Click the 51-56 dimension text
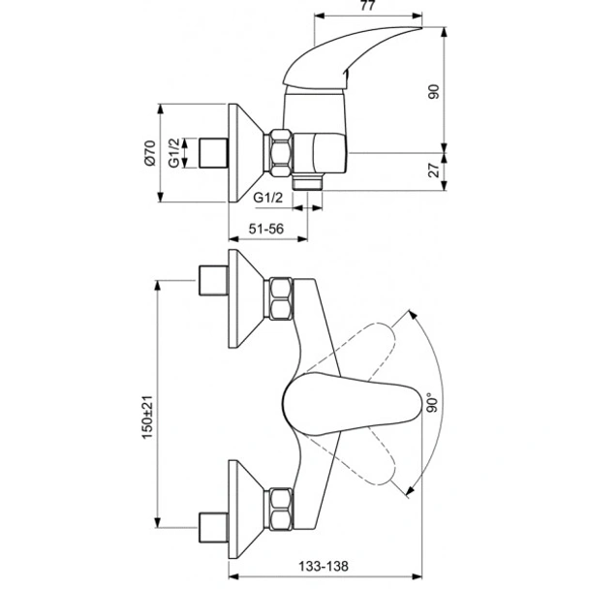coord(265,229)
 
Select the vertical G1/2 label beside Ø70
coord(175,153)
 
